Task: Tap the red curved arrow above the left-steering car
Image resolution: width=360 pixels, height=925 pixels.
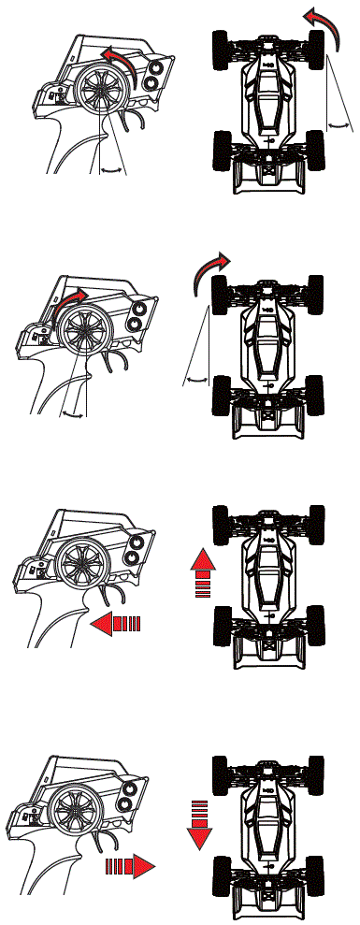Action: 326,20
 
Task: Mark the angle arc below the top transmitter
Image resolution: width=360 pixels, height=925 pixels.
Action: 112,168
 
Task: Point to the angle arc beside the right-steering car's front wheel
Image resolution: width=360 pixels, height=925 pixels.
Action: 195,379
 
